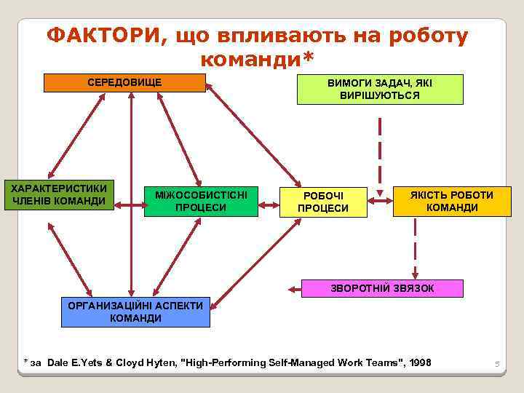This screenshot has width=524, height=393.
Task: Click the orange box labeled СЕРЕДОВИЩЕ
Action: (124, 83)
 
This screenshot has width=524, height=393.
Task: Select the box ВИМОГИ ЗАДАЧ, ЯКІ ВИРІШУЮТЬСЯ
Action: (379, 90)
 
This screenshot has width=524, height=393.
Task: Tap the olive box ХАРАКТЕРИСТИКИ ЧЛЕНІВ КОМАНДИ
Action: (60, 195)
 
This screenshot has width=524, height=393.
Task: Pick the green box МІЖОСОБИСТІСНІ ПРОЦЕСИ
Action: (201, 202)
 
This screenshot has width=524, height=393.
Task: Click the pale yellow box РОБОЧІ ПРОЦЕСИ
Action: (324, 202)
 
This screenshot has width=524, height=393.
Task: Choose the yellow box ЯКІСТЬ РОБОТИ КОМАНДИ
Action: (452, 201)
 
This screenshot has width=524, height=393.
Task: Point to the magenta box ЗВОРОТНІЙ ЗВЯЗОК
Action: (382, 288)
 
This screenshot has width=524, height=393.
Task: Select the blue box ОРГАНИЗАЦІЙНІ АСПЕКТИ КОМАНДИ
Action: (135, 312)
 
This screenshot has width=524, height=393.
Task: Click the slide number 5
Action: (498, 363)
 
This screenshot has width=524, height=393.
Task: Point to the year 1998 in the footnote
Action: (421, 362)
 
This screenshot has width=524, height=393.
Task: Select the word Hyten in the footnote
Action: (162, 362)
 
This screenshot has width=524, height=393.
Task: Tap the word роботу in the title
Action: (426, 36)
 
